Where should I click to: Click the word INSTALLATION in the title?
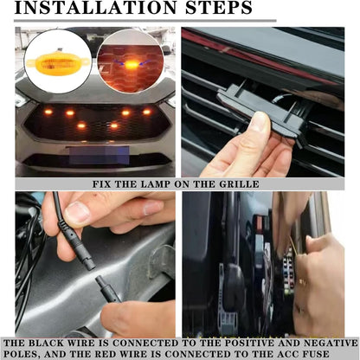coord(95,8)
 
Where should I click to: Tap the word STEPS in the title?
coord(219,8)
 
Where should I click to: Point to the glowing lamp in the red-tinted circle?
coord(131,65)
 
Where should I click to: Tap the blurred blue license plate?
coord(99,155)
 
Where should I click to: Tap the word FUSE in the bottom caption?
coord(316,354)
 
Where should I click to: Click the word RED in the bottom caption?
coord(106,354)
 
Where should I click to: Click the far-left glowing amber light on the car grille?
coord(48,112)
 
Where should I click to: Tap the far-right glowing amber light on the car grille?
coord(147,112)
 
